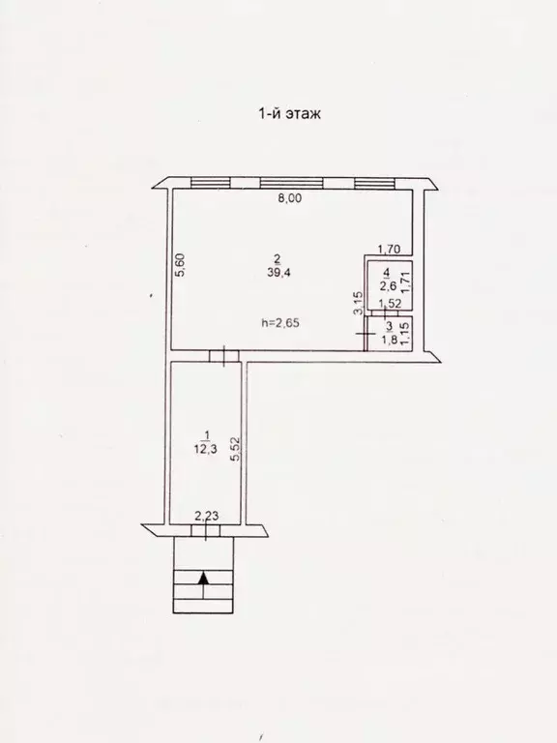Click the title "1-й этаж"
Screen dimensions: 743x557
288,114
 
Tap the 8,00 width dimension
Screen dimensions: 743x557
290,200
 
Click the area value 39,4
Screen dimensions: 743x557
279,273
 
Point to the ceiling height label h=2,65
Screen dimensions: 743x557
281,323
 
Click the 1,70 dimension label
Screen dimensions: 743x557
389,248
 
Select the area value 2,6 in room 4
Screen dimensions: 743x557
387,285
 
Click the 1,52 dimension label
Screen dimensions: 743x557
390,304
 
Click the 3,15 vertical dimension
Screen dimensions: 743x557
356,304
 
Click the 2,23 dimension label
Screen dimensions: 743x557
207,517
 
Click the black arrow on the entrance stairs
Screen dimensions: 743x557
203,579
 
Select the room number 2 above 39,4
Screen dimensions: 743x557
278,258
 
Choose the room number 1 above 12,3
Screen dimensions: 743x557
204,432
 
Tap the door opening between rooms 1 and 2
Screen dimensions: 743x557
224,357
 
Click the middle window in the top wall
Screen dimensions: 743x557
294,182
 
